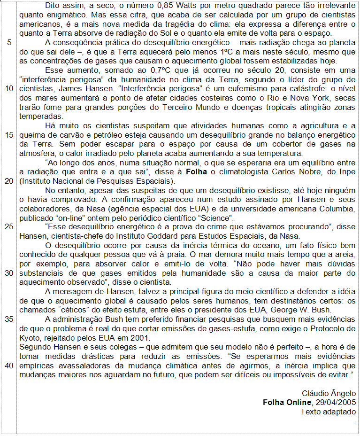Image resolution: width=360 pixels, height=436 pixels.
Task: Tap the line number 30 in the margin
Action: [9, 273]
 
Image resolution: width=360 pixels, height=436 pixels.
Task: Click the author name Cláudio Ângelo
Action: [329, 393]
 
